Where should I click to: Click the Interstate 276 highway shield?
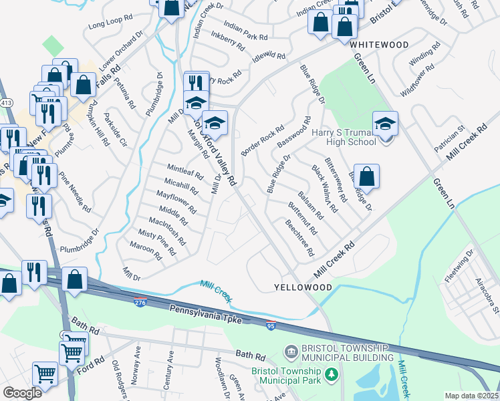(x=140, y=302)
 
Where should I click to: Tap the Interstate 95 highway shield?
(x=269, y=326)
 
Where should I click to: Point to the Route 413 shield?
(x=6, y=103)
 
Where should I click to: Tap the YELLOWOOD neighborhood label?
(x=303, y=287)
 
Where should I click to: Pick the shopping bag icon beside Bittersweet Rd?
(x=366, y=176)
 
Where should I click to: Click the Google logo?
(x=22, y=393)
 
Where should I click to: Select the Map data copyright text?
(x=471, y=396)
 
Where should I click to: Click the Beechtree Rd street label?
(x=299, y=238)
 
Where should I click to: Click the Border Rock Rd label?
(x=263, y=142)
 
